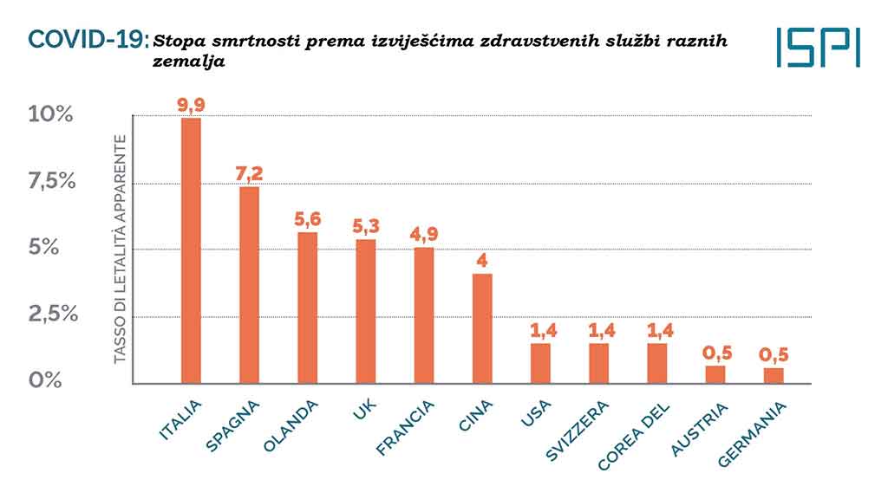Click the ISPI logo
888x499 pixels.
point(819,47)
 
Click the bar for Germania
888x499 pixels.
point(774,375)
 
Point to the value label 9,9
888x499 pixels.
point(190,104)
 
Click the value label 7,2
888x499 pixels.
point(249,172)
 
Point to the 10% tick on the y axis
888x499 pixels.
point(51,114)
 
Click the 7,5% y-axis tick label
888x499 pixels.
point(51,181)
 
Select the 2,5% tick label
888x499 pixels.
point(53,314)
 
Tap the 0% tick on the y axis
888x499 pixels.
point(45,379)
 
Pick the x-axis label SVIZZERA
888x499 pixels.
point(578,431)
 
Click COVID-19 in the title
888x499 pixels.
point(88,38)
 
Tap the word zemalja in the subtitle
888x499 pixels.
point(183,62)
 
